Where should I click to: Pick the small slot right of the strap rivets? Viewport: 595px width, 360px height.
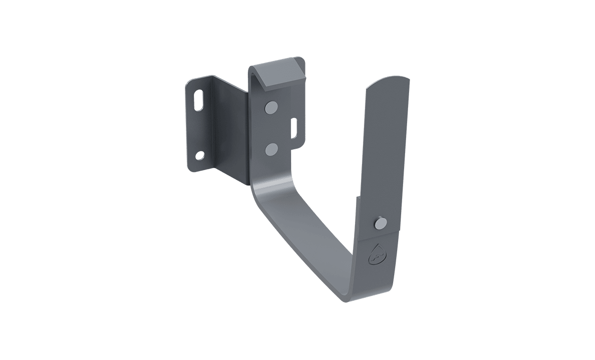[x=294, y=128]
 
